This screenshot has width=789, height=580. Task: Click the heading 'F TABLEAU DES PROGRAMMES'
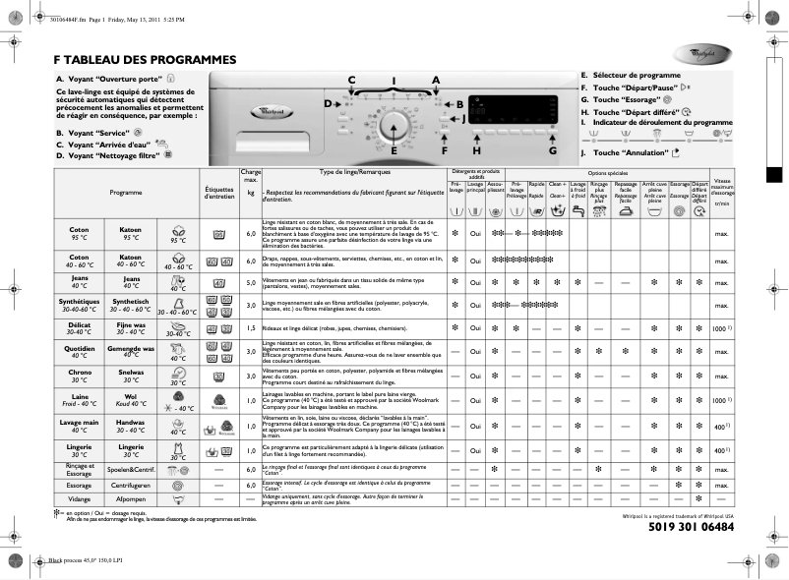(x=145, y=59)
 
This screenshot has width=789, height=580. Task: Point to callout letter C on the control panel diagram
(x=351, y=80)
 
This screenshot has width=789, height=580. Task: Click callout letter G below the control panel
(x=552, y=150)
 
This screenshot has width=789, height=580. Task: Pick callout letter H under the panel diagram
(x=476, y=150)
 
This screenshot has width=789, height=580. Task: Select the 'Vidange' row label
(x=79, y=499)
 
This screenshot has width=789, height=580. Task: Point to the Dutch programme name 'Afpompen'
(x=131, y=499)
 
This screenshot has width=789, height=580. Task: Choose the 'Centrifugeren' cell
(x=131, y=486)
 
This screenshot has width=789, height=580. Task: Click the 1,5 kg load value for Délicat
(x=251, y=327)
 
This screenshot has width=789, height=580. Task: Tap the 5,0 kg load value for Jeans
(x=251, y=283)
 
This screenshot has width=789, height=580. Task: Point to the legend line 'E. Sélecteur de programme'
(x=630, y=75)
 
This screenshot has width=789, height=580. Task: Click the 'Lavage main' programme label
(x=79, y=425)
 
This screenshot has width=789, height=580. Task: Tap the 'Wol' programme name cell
(x=131, y=397)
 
